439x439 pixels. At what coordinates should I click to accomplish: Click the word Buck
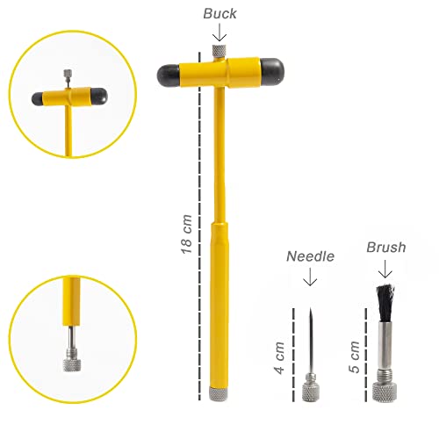[x=219, y=14]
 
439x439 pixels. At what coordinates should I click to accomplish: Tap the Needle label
[x=311, y=257]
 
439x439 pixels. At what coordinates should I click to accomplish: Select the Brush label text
[x=385, y=248]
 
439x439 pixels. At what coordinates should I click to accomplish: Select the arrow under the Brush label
[x=384, y=270]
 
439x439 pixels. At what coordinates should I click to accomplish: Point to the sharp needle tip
[x=311, y=311]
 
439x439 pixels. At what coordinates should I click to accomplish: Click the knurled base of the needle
[x=311, y=389]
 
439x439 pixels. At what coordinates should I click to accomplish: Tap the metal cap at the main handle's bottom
[x=219, y=389]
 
